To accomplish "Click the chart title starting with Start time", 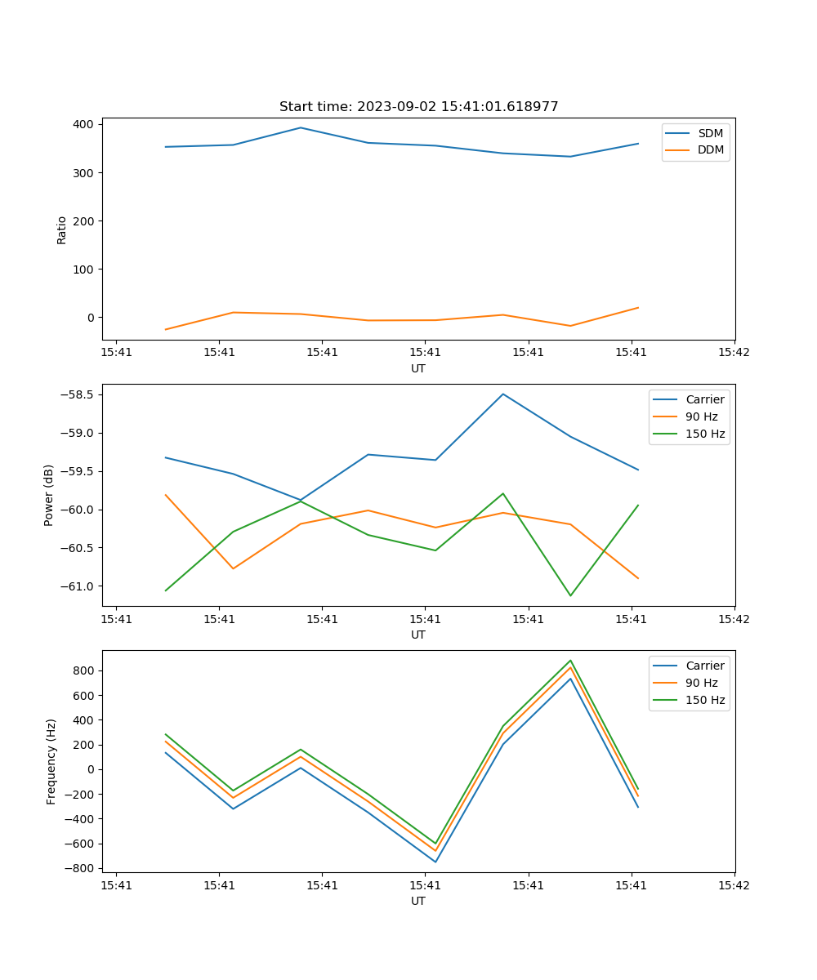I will click(418, 107).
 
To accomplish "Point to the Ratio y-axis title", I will click(62, 229).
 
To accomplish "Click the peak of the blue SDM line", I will click(301, 127).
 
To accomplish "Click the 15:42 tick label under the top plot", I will click(734, 353).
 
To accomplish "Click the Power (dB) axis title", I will click(49, 495).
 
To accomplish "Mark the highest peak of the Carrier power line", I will click(503, 394).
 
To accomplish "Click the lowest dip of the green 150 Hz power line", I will click(570, 595).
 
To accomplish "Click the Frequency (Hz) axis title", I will click(51, 761).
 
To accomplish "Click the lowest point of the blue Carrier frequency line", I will click(435, 862).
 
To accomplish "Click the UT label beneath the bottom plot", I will click(418, 901).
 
